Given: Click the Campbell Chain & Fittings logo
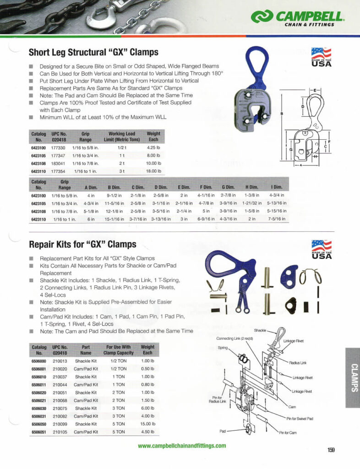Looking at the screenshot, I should point(297,18).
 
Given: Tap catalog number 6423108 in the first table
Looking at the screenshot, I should point(38,164).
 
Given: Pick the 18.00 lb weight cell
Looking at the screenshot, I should point(153,171).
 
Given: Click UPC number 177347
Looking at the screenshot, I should point(58,156).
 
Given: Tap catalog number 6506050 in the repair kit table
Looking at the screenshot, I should point(38,424).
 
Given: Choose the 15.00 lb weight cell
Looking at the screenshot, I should point(147,424).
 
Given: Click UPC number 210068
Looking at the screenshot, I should point(60,400).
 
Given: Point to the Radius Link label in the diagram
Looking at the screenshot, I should point(298,363).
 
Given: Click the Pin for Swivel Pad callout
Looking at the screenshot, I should point(300,419).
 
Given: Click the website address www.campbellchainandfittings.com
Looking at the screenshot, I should point(182,445).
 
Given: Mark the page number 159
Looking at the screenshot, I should point(331,450).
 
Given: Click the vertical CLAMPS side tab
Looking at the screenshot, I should point(353,377).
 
